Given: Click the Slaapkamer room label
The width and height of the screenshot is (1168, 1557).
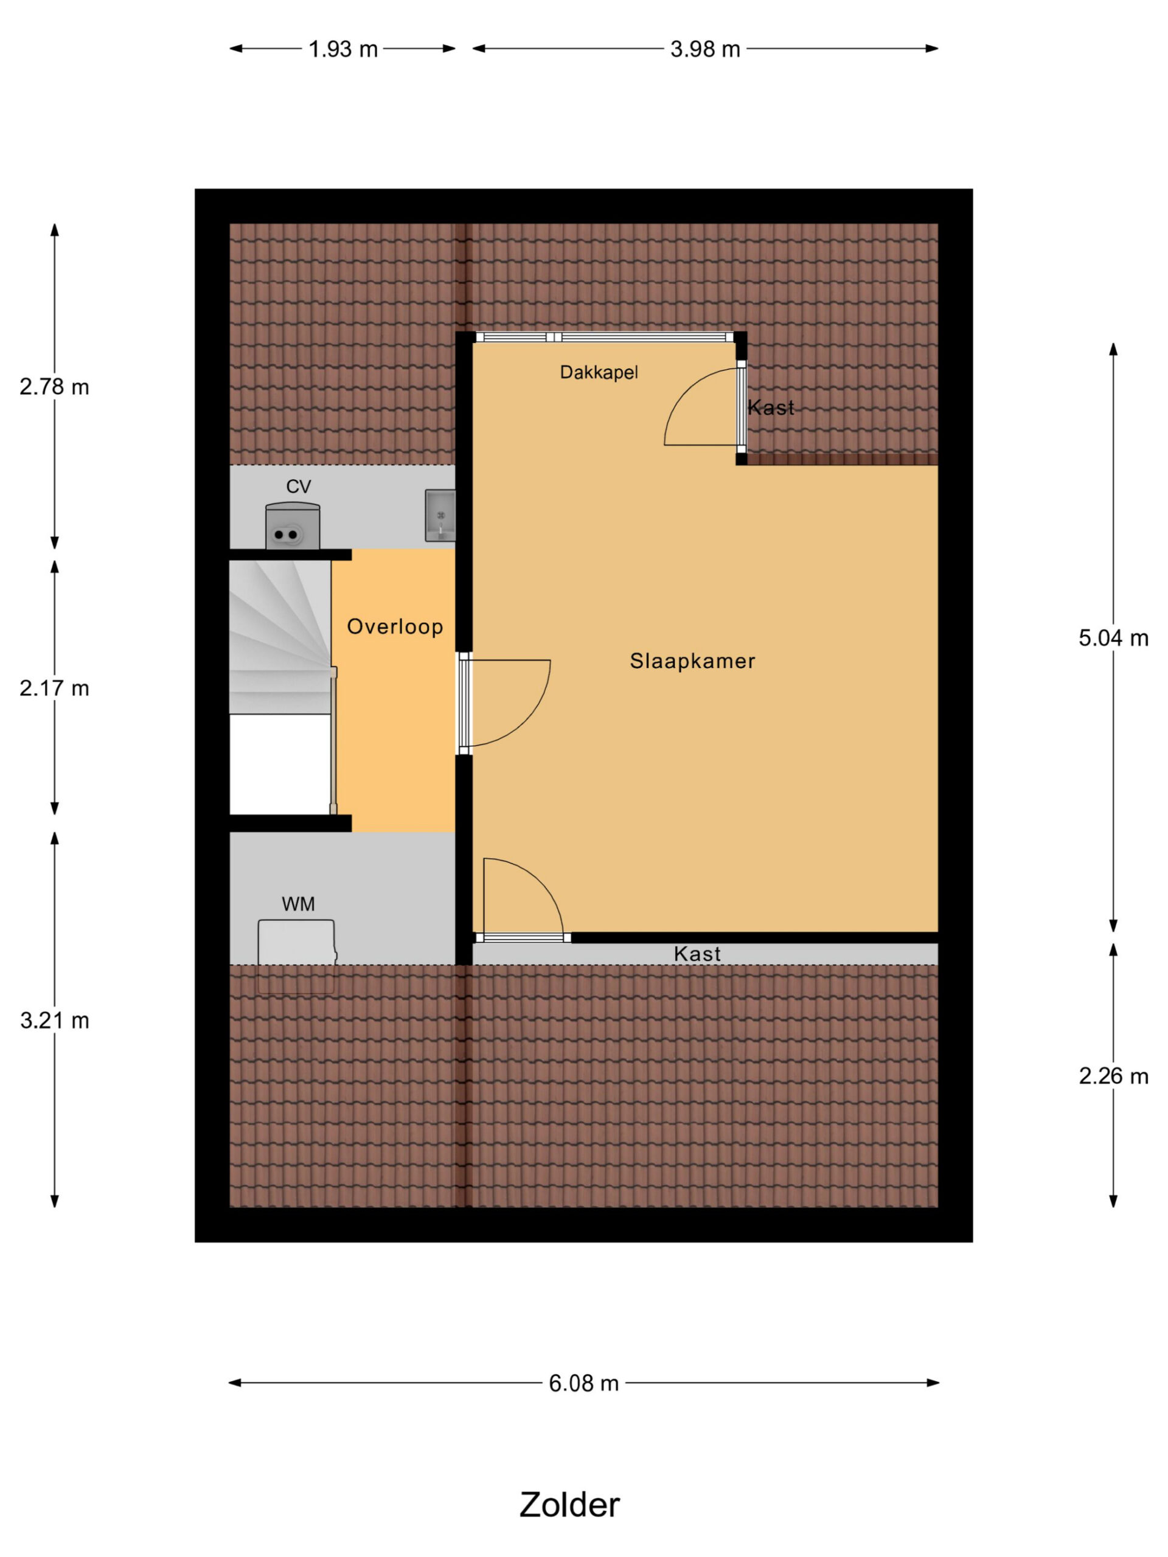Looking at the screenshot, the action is [x=692, y=661].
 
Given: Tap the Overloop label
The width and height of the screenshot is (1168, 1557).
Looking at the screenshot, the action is [x=395, y=626].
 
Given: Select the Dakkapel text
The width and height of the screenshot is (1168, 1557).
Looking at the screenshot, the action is [x=599, y=372].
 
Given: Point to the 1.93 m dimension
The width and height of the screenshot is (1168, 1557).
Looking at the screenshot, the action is [x=343, y=49].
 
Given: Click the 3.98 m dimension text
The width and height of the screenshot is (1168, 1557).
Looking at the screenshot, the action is [x=704, y=49].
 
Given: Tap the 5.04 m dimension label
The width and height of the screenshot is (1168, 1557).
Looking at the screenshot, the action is [x=1113, y=638].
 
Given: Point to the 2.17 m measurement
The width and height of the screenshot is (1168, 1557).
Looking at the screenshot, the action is [x=54, y=688].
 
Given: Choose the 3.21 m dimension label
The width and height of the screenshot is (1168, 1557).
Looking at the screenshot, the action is [x=54, y=1020].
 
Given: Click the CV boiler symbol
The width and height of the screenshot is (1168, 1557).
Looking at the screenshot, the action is [x=292, y=526].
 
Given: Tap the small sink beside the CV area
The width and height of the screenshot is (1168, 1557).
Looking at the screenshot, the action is [x=440, y=516].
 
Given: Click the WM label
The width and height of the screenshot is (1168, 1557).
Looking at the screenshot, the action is [x=298, y=904].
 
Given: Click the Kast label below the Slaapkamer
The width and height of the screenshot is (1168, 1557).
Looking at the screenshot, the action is [x=697, y=954].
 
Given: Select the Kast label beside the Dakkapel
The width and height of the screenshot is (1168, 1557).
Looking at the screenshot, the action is [x=771, y=407].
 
